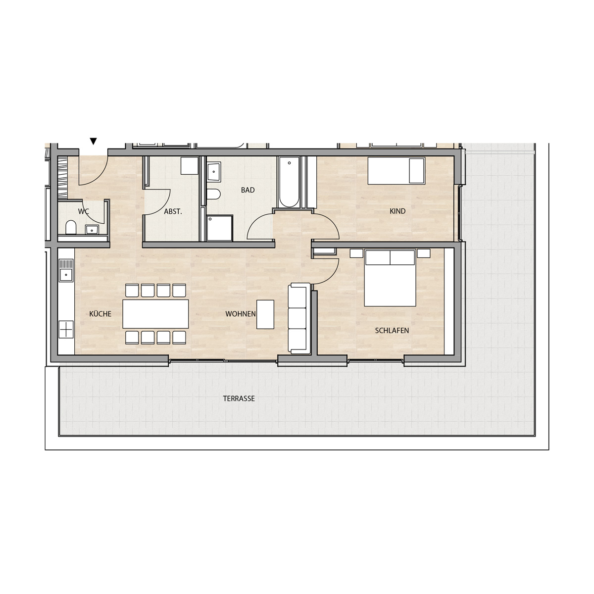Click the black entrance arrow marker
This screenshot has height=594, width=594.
pos(94,141)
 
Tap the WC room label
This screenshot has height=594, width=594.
pos(84,211)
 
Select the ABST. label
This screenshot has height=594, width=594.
pos(173,212)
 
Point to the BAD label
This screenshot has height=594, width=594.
pos(248,190)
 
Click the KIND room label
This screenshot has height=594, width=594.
pos(397,211)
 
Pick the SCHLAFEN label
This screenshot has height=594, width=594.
pos(392,331)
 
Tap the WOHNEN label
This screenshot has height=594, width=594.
pos(241,314)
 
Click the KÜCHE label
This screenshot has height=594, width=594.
pos(100,314)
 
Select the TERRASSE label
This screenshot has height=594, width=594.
pos(239,399)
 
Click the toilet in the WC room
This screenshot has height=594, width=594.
pos(71,228)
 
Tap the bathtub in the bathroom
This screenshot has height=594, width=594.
pos(289,182)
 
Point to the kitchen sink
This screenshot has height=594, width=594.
pos(66,271)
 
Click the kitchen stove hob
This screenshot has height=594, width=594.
pos(66,330)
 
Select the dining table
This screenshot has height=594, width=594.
pos(155,314)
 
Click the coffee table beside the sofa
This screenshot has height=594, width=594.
pos(265,314)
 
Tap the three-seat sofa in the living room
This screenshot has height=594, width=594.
pos(299,318)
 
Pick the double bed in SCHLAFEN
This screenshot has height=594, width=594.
pos(390,278)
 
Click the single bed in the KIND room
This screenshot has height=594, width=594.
pos(396,171)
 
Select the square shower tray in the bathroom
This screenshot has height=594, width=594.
pos(219,228)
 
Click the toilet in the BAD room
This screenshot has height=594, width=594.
pos(213,195)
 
